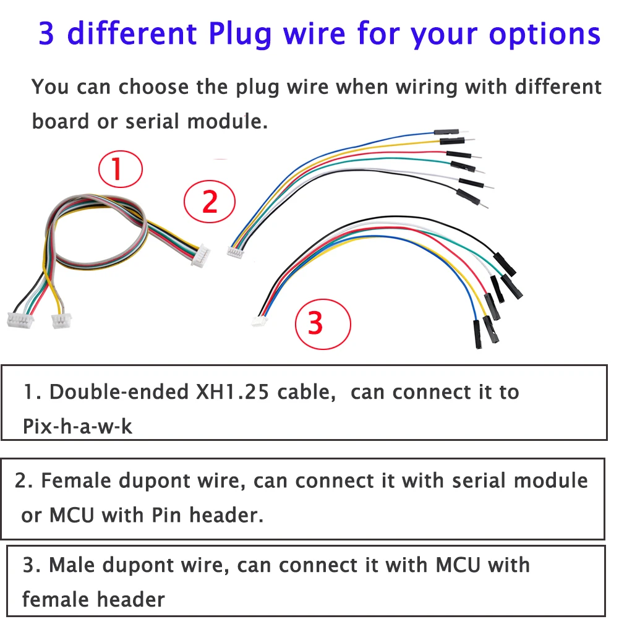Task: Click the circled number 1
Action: click(121, 169)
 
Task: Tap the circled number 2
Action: click(210, 202)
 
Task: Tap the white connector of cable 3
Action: click(259, 322)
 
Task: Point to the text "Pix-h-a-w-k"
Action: click(77, 426)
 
